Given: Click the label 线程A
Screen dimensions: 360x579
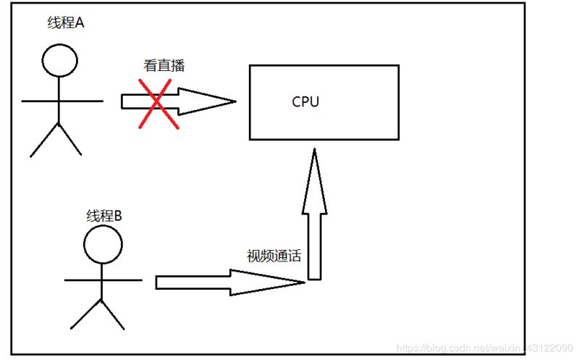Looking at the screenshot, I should coord(66,23).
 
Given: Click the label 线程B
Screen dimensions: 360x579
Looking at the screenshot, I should coord(104,215).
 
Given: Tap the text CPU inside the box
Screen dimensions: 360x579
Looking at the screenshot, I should coord(305,102).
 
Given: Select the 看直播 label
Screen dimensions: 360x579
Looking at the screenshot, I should coord(164,65).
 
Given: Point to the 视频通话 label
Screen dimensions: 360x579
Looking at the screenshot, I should coord(273,256).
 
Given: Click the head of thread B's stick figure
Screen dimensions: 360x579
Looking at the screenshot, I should coord(102,245).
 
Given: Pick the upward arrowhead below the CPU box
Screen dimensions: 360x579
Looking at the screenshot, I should coord(314,181).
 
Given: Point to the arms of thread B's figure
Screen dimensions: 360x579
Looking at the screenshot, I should coord(103,279).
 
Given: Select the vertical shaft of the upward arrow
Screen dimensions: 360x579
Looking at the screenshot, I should coord(314,246).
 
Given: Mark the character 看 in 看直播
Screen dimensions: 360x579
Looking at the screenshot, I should coord(151,65).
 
